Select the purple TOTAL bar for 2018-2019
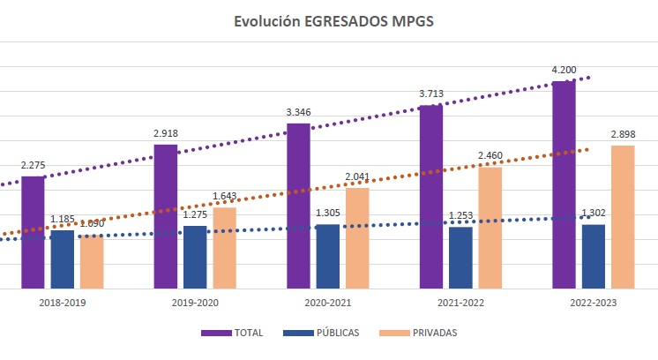coord(33,233)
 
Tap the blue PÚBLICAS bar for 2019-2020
coord(195,257)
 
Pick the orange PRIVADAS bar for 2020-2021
coord(357,238)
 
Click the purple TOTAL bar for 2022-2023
coord(564,184)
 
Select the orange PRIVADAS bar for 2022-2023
coord(623,217)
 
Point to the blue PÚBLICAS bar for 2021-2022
coord(460,258)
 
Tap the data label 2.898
coord(623,135)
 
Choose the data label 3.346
coord(298,113)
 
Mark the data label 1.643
coord(225,197)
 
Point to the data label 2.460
coord(490,157)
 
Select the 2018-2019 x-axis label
coord(63,303)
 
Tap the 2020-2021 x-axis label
coord(327,303)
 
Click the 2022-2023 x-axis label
coord(593,303)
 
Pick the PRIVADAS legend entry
coord(422,333)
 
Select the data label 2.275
coord(33,166)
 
